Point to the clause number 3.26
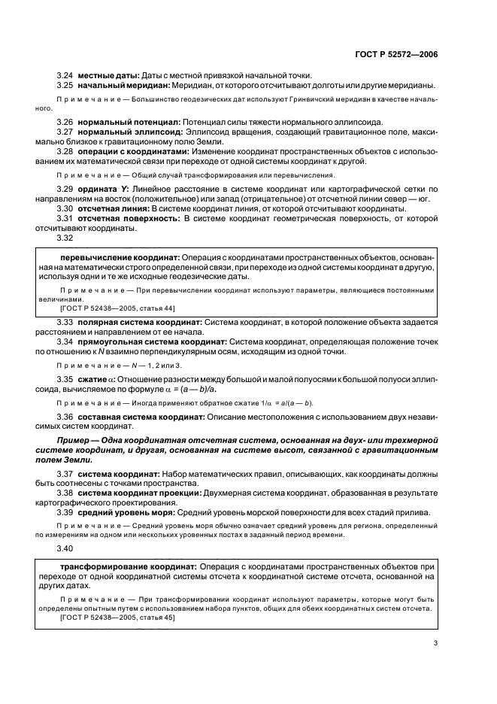point(65,122)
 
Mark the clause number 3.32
point(65,238)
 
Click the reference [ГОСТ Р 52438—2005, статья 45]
point(111,617)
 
